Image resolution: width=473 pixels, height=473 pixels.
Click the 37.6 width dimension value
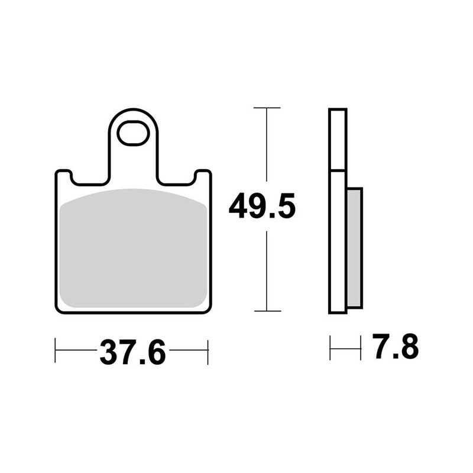coord(132,353)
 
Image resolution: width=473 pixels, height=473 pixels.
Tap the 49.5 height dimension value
coord(262,206)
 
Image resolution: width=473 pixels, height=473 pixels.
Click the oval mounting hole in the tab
coord(133,133)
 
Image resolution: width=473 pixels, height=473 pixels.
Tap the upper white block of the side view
coord(338,140)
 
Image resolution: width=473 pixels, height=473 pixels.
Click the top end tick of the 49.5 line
coord(267,108)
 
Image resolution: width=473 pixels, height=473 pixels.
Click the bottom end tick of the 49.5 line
coord(267,310)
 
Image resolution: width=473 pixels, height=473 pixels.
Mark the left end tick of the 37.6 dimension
coord(56,350)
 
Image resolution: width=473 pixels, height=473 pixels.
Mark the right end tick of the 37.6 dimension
coord(208,350)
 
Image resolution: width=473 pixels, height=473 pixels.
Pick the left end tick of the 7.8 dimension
coord(331,348)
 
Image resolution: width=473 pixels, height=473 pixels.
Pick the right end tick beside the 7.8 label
coord(360,348)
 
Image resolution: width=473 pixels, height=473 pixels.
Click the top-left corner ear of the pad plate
coord(63,176)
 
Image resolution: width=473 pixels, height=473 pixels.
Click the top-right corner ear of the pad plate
coord(203,176)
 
